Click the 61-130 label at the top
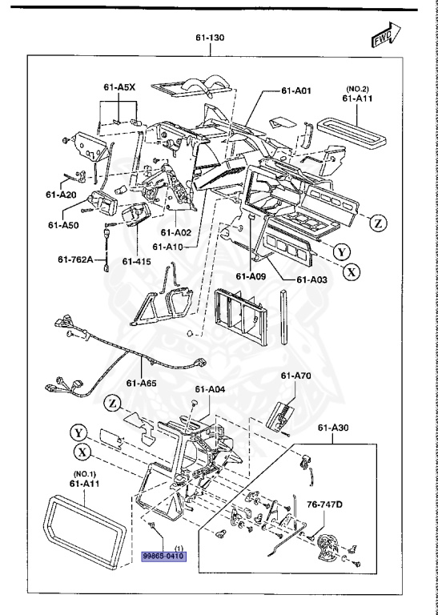(x=210, y=37)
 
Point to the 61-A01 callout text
(x=296, y=91)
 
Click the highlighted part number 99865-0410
(x=163, y=555)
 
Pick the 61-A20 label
(x=61, y=195)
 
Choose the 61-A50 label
(x=63, y=226)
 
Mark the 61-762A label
(x=76, y=259)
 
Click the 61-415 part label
(x=136, y=260)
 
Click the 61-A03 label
(x=312, y=279)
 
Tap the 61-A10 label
(x=168, y=247)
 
